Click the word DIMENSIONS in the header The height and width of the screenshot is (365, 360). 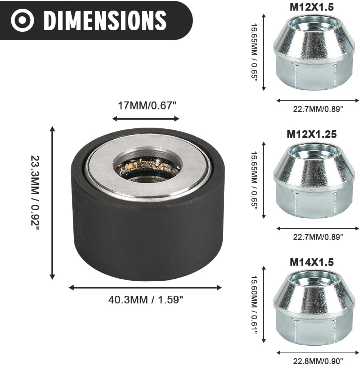105,20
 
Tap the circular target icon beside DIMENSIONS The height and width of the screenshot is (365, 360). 22,20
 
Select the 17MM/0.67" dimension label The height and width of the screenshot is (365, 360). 147,106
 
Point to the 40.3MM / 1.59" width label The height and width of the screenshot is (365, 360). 146,299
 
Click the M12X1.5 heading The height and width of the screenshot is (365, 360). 312,7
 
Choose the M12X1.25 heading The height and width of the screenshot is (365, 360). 312,134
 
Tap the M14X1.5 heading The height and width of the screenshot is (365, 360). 312,262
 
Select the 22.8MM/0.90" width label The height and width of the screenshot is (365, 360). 318,361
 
